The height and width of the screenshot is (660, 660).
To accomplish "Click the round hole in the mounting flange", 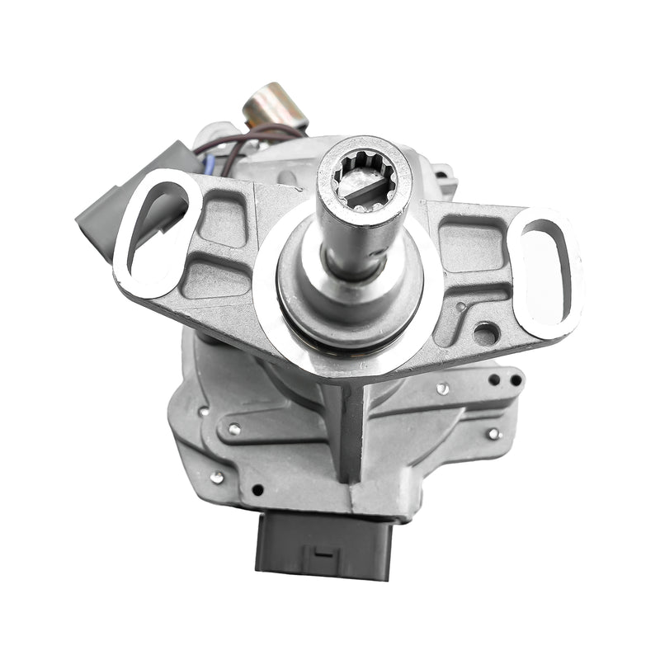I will [x=485, y=334].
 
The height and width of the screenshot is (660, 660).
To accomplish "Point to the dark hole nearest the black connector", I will [x=257, y=489].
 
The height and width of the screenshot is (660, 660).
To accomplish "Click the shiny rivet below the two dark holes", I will [x=493, y=433].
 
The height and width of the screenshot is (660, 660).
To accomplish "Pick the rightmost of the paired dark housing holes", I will [x=516, y=380].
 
